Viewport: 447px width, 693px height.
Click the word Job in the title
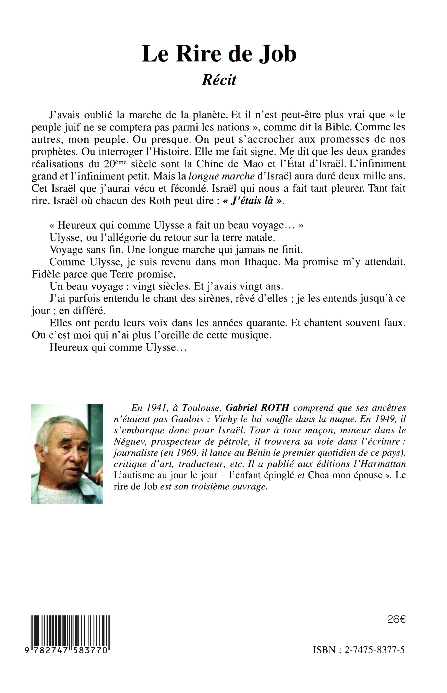pos(277,54)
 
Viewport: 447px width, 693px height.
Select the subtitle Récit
pos(219,80)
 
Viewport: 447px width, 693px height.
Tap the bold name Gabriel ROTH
pos(257,408)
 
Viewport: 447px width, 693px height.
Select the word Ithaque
pos(262,262)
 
